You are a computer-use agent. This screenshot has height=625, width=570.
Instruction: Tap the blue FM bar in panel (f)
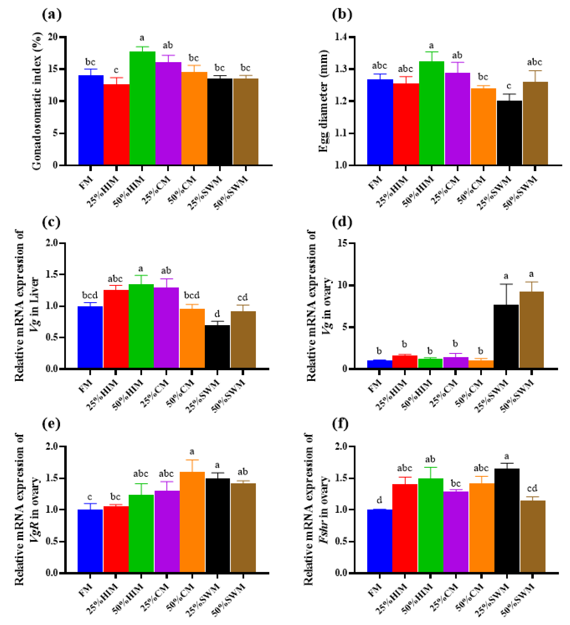[379, 541]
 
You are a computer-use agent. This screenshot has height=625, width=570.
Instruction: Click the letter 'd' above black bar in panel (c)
[217, 314]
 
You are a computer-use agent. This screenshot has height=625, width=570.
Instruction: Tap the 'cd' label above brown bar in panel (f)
[532, 488]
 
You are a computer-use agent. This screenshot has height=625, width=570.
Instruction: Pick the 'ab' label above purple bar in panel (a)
[168, 46]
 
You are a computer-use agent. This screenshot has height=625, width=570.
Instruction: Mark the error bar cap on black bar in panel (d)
[506, 284]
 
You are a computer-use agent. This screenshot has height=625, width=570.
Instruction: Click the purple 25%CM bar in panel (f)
[456, 532]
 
